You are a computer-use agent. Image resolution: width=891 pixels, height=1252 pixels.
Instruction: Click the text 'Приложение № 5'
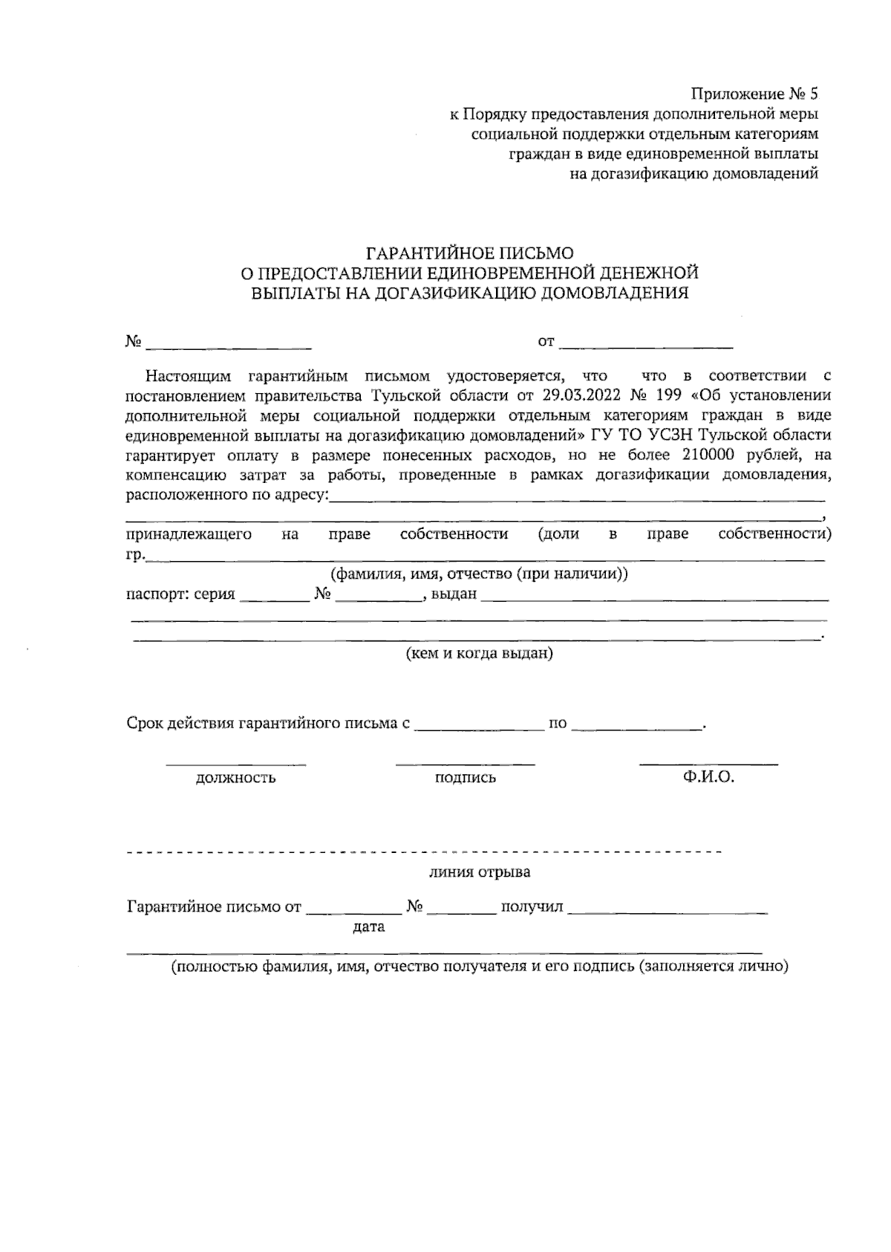[754, 94]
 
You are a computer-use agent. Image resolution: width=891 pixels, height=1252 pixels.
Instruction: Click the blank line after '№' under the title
[229, 344]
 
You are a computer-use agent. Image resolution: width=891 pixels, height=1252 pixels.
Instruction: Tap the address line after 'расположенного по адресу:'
[577, 497]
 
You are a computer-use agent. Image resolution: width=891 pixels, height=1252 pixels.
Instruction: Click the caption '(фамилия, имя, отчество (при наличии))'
[479, 574]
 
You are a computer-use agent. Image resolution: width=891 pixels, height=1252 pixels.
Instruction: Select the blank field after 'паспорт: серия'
[274, 596]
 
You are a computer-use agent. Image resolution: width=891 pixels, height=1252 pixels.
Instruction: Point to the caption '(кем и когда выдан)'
[479, 654]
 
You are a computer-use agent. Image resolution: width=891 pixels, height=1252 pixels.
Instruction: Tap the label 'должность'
[235, 778]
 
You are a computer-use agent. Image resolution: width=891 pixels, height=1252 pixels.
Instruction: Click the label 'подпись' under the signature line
[466, 778]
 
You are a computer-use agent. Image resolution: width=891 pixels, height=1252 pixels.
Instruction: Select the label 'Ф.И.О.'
[708, 777]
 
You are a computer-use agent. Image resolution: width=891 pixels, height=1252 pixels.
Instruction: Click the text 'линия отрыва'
[480, 872]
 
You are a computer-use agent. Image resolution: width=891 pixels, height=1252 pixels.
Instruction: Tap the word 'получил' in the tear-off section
[532, 907]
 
